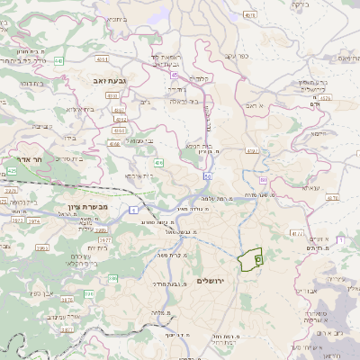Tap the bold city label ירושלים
[x=214, y=282]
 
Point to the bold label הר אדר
[x=18, y=168]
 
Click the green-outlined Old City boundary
[x=249, y=258]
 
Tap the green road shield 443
[x=58, y=61]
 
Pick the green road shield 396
[x=42, y=247]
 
